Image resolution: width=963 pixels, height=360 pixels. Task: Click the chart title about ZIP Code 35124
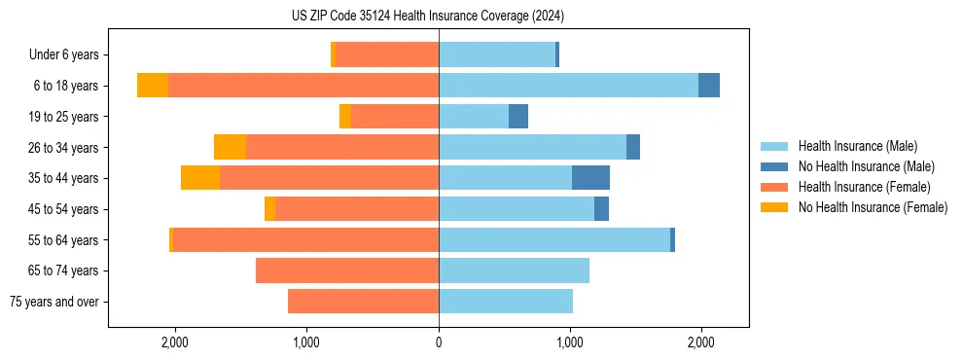coord(428,16)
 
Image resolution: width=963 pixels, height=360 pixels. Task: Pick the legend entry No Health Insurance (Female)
coord(873,207)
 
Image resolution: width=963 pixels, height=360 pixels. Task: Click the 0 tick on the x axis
coord(439,342)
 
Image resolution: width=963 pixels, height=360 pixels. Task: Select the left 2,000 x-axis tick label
coord(175,342)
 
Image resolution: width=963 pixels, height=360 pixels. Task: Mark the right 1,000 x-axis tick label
coord(570,342)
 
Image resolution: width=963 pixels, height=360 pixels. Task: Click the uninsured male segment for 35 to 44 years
coord(590,178)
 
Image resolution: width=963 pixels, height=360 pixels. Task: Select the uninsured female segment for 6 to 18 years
coord(153,86)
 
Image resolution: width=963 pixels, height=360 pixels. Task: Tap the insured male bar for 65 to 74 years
coord(514,270)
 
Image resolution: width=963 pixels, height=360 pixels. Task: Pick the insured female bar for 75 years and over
coord(363,302)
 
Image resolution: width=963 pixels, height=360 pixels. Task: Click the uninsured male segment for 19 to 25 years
coord(518,117)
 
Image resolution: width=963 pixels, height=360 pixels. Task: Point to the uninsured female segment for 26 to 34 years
coord(230,147)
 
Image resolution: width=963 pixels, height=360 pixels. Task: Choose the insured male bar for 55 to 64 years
coord(554,239)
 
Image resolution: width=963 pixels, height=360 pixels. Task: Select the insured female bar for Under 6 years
coord(387,54)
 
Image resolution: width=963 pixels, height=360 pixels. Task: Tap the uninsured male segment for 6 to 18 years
coord(709,86)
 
